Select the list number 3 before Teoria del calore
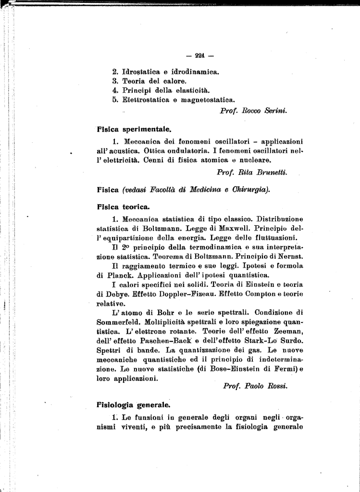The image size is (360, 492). click(115, 81)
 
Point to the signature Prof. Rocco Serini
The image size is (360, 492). click(253, 111)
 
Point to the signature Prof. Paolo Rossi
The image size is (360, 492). click(255, 386)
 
